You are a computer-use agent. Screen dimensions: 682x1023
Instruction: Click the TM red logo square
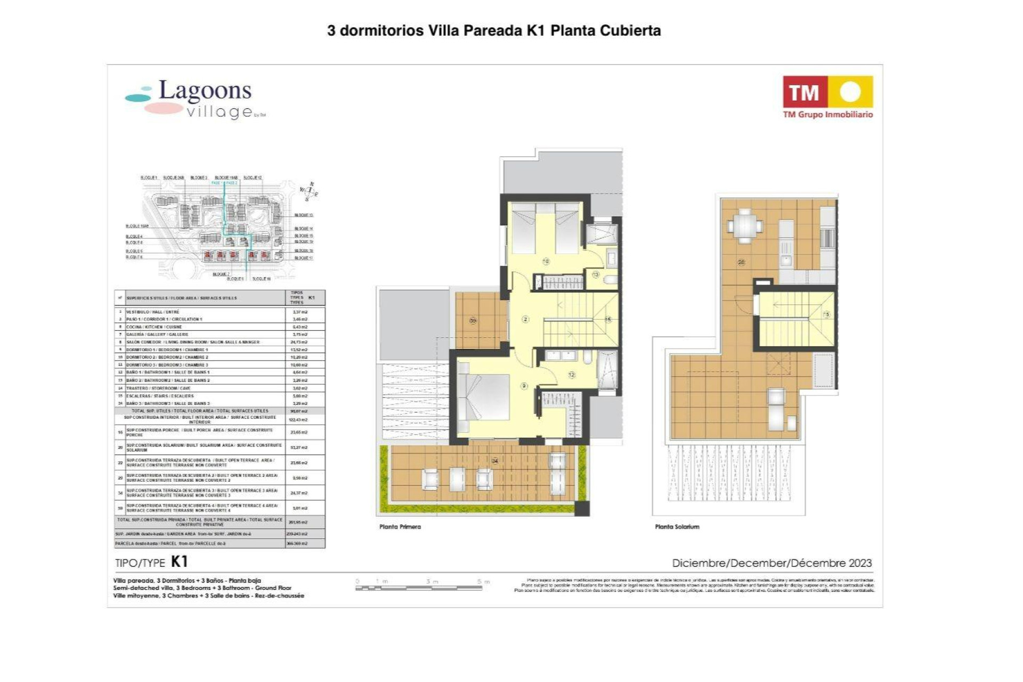click(x=804, y=92)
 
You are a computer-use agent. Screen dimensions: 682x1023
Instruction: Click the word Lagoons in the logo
click(x=205, y=91)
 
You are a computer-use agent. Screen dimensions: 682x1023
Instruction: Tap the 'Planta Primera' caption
click(x=400, y=527)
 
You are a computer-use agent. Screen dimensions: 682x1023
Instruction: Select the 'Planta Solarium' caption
click(x=677, y=527)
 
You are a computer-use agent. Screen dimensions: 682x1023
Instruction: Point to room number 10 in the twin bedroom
click(x=546, y=262)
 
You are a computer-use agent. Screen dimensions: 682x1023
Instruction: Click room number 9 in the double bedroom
click(x=524, y=386)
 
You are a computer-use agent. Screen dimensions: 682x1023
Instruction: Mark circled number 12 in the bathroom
click(x=572, y=375)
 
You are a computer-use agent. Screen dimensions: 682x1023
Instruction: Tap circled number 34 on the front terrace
click(x=495, y=461)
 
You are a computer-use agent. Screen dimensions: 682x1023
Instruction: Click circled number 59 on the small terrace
click(x=473, y=321)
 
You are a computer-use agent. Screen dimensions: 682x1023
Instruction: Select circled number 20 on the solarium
click(x=741, y=262)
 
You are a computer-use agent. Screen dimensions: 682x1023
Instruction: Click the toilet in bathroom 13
click(x=610, y=279)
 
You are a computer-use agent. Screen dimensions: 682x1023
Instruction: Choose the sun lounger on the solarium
click(x=776, y=409)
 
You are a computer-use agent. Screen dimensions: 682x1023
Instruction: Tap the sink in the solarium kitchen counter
click(x=786, y=260)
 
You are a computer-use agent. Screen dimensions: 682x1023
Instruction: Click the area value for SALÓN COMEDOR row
click(x=300, y=342)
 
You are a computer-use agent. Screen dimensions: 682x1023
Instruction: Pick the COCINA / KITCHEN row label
click(x=154, y=327)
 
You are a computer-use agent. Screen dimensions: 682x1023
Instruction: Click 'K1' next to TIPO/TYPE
click(x=180, y=562)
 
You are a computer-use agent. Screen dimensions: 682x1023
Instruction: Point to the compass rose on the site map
click(x=308, y=191)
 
